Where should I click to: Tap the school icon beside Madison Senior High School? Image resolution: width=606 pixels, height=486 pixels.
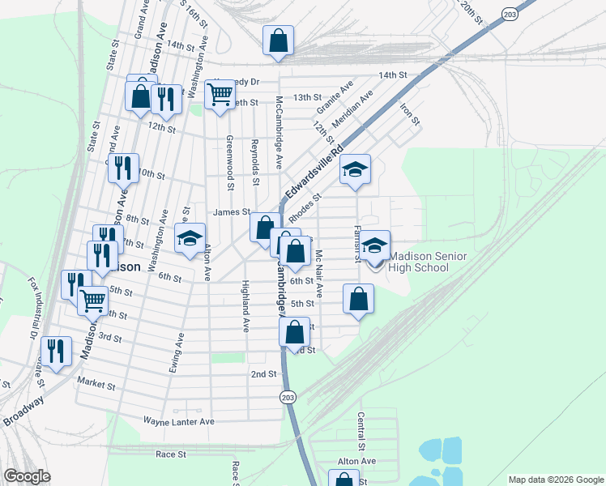374,245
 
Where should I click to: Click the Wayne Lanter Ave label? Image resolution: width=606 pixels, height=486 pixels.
178,421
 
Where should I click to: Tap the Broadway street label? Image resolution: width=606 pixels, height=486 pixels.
22,411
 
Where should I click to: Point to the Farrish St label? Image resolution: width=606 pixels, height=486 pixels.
356,244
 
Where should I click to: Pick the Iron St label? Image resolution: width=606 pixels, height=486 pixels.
409,113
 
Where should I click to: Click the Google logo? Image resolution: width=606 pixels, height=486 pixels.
26,476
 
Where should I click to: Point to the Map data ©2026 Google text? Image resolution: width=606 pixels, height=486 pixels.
555,480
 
